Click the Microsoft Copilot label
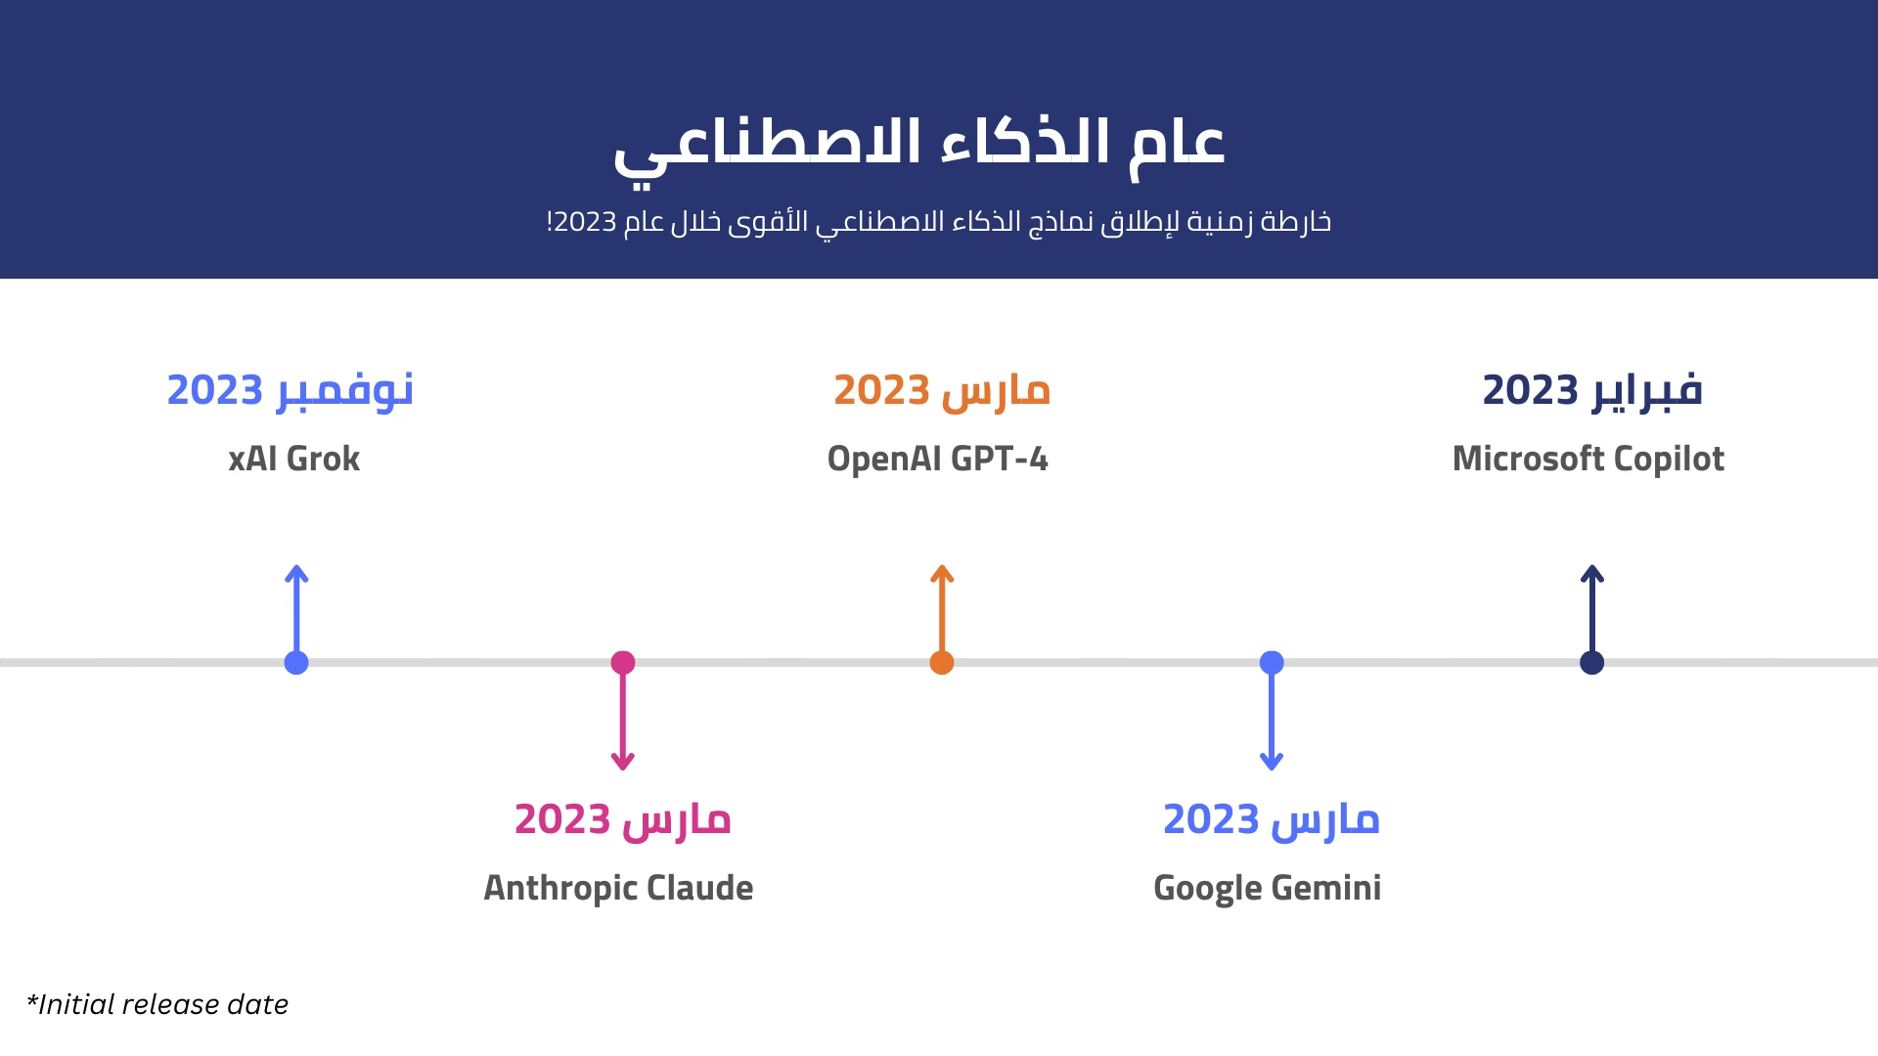pos(1588,459)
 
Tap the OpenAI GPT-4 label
pos(938,459)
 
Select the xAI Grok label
pos(294,459)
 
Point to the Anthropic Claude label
pos(619,888)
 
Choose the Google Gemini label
pos(1268,888)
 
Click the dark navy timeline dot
pos(1592,663)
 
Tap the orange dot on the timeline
pos(942,663)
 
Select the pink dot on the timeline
pos(623,663)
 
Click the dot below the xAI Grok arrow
pos(296,663)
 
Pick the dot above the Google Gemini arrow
pos(1272,663)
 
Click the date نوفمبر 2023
pos(291,390)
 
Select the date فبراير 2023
pos(1592,390)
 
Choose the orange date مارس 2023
pos(942,390)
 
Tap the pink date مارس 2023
pos(623,819)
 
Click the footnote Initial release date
pos(157,1004)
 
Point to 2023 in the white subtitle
pos(586,222)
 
